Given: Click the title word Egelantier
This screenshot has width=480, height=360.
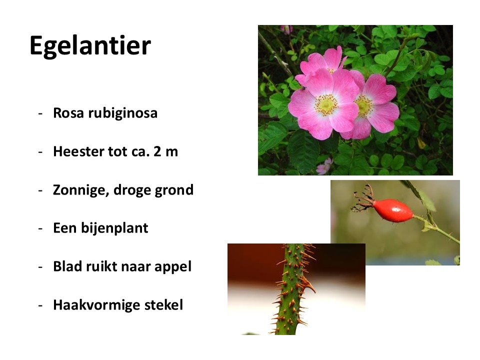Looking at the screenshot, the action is (x=90, y=46).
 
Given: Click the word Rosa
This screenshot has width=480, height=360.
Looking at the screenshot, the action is (x=68, y=112).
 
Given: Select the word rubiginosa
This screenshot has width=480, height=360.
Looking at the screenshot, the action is (x=123, y=113).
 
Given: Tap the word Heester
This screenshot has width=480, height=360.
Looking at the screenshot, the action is (x=78, y=151).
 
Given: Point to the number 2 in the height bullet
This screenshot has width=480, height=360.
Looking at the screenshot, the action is (x=157, y=151).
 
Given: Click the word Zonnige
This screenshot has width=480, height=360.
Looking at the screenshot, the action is (x=81, y=190).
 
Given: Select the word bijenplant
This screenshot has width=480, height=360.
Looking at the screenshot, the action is (x=114, y=228).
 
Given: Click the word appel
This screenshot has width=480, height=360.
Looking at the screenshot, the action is (x=173, y=267).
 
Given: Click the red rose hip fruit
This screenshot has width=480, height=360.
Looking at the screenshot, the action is (x=393, y=210).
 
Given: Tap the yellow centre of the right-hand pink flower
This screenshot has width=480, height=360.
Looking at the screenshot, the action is (x=363, y=106).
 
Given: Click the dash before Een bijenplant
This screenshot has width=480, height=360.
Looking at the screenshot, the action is (x=40, y=229).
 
